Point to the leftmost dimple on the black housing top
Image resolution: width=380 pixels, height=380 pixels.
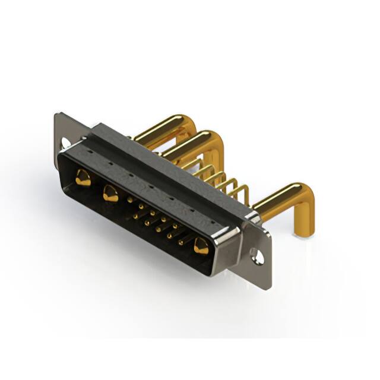pyautogui.click(x=90, y=152)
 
